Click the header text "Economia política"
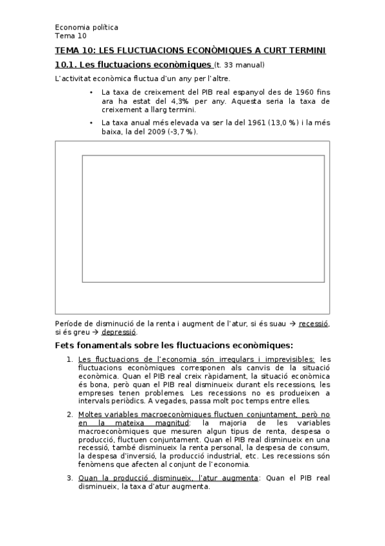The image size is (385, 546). (87, 27)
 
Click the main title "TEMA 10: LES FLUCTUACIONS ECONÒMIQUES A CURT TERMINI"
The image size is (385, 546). (190, 51)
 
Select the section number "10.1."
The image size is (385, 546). (66, 65)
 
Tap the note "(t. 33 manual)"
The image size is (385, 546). (239, 65)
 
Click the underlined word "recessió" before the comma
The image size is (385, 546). (314, 323)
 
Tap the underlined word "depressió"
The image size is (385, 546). (119, 332)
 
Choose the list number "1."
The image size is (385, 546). (70, 359)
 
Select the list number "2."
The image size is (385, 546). (70, 414)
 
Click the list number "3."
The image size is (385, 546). (70, 478)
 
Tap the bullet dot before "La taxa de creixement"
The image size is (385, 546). (92, 92)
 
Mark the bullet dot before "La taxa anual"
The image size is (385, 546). (92, 122)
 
